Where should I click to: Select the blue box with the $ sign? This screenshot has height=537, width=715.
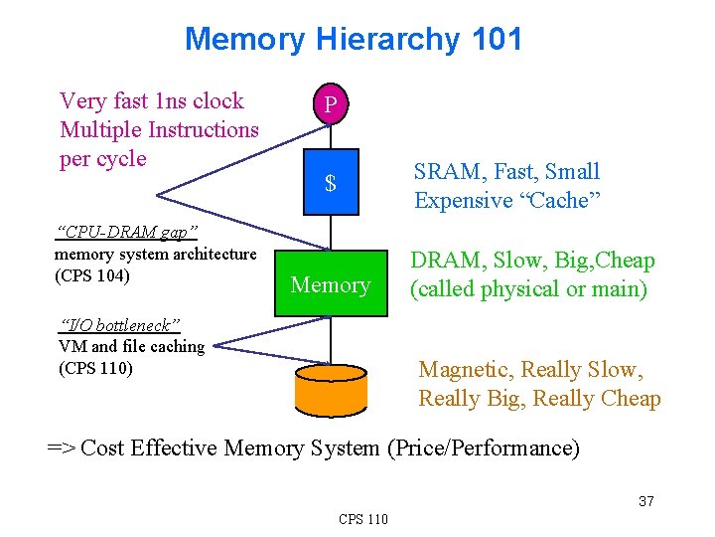pos(331,183)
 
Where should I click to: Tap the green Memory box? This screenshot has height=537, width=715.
pos(331,285)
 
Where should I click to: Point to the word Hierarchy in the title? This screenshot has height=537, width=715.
pos(387,40)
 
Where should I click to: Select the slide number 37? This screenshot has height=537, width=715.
pos(645,501)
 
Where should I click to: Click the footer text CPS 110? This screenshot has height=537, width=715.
pos(363,519)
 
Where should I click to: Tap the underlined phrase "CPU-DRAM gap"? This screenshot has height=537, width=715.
pos(127,233)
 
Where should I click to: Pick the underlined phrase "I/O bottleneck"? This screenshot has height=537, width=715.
pos(120,326)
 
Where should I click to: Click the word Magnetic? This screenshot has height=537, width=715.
pos(465,370)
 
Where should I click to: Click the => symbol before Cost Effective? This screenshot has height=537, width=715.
pos(62,448)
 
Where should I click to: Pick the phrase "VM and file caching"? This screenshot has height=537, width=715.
pos(132,347)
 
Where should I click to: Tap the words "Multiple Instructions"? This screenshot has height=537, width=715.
pos(159,130)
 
